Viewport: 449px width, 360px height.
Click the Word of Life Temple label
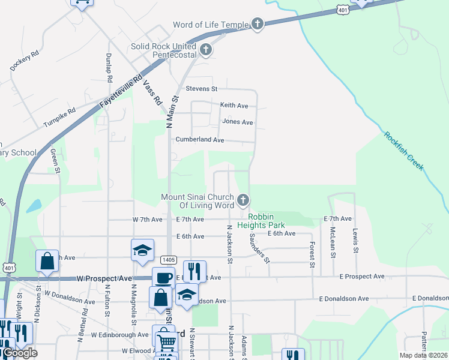(210, 25)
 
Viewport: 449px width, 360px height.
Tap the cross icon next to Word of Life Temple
(258, 24)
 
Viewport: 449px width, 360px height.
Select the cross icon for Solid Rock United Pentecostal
(206, 50)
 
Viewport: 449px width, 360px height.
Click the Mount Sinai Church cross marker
(243, 200)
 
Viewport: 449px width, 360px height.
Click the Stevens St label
(201, 89)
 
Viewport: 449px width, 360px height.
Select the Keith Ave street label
(234, 106)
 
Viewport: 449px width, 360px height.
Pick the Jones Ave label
(238, 122)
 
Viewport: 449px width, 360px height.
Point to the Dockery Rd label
(25, 61)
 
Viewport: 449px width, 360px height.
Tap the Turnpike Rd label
(59, 118)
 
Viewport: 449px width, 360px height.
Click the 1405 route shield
(168, 259)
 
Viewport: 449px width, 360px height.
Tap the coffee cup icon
(163, 278)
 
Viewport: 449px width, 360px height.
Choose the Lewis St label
(355, 241)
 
